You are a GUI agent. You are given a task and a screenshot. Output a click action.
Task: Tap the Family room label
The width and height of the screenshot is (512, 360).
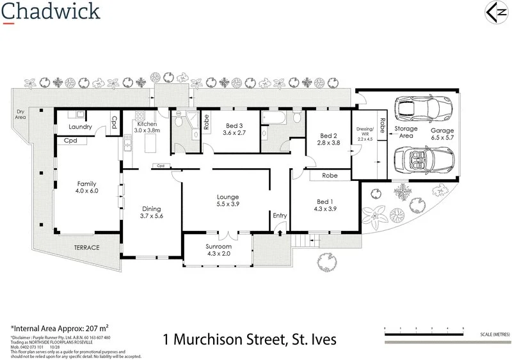pos(86,187)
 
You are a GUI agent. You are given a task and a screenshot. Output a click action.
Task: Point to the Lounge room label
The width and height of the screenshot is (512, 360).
pos(227,201)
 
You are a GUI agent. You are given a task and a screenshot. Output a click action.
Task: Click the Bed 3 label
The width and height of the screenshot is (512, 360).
pos(234,130)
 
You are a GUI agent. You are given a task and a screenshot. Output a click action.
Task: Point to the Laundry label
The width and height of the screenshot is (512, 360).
pos(80,127)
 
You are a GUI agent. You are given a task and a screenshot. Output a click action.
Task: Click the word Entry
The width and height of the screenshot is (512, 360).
pos(280,215)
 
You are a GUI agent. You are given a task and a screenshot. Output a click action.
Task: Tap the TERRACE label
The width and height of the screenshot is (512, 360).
pos(86,247)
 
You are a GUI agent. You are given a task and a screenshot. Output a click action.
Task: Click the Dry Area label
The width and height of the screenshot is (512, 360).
pos(20,114)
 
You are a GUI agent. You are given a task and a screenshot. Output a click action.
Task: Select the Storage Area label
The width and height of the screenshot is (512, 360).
pos(405,132)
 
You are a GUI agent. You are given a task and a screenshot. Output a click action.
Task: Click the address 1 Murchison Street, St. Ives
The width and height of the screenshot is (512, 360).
pos(250,338)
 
